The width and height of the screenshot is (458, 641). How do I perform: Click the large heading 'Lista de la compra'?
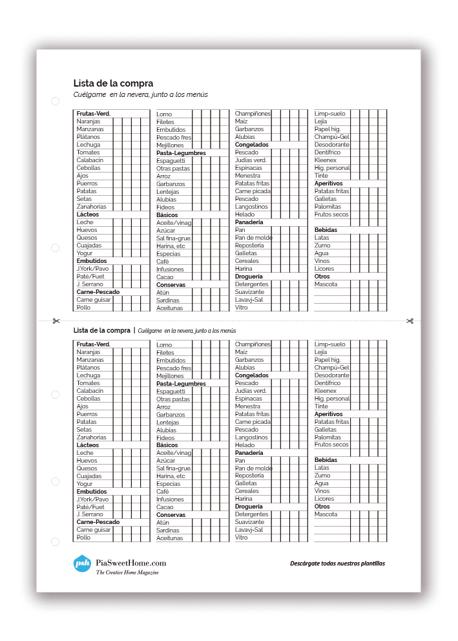[113, 83]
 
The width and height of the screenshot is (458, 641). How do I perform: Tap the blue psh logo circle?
[83, 563]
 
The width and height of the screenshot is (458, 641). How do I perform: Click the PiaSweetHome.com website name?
[131, 563]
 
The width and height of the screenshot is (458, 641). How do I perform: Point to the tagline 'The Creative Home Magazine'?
[127, 573]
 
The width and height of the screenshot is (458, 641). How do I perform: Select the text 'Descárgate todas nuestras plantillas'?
[337, 563]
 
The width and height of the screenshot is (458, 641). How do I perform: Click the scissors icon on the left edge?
[56, 321]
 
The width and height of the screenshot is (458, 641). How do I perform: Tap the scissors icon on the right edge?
[410, 321]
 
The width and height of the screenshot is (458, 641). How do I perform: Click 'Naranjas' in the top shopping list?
[88, 121]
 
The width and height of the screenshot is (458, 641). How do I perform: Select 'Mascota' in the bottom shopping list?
[326, 514]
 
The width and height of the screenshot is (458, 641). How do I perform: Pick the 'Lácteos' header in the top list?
[87, 215]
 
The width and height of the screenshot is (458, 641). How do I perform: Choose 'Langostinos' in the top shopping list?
[251, 207]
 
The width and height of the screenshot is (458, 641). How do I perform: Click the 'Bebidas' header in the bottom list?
[326, 460]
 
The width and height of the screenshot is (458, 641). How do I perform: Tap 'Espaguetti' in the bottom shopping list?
[171, 392]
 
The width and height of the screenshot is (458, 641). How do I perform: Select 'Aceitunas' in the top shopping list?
[170, 308]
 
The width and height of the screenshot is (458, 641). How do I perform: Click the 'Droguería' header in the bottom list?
[249, 507]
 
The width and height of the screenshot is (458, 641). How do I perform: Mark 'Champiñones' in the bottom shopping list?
[253, 344]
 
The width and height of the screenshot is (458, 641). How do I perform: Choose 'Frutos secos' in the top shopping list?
[331, 215]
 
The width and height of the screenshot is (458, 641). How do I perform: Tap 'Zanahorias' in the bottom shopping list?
[91, 437]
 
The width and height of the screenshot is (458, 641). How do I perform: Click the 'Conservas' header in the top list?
[171, 285]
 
